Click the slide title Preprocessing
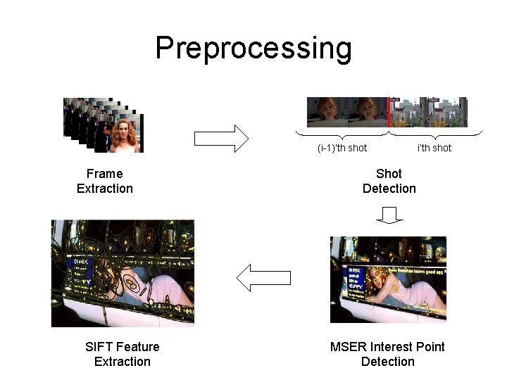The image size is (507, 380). click(253, 49)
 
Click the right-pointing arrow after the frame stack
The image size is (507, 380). click(221, 138)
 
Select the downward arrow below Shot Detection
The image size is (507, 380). click(389, 215)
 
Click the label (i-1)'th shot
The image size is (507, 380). click(342, 148)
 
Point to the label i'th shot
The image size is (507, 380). click(434, 148)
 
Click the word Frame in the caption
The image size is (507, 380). click(104, 174)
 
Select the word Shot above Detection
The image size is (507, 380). click(389, 174)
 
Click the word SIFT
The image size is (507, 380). click(99, 347)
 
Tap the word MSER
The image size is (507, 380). click(346, 347)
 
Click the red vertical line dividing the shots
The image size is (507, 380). click(388, 113)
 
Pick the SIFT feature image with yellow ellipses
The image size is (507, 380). click(123, 274)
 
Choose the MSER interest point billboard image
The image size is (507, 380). click(388, 279)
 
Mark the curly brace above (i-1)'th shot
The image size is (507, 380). click(342, 134)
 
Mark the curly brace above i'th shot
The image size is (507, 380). click(435, 134)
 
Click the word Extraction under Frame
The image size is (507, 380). click(104, 189)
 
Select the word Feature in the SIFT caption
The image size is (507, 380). click(137, 347)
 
